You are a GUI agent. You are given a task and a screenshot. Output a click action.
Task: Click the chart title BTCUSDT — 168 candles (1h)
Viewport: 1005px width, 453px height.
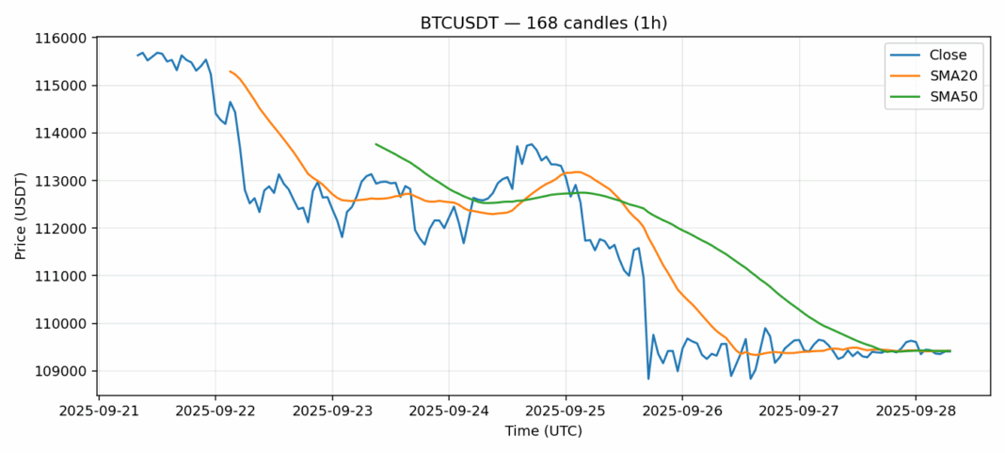[502, 23]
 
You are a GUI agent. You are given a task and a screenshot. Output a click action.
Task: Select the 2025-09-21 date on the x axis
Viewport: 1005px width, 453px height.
[99, 412]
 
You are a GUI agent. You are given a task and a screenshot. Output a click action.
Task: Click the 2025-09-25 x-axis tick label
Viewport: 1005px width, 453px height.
[566, 412]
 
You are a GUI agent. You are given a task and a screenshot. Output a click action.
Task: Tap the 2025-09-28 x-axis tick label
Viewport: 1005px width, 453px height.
[916, 412]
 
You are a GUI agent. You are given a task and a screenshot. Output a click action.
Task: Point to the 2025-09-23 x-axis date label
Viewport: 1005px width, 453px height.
[332, 412]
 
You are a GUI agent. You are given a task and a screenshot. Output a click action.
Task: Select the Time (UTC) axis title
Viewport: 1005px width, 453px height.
[544, 431]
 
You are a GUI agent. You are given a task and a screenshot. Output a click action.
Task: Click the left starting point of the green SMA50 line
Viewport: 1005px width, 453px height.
[375, 144]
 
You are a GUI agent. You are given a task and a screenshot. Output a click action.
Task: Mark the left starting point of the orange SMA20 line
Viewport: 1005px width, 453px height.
[230, 71]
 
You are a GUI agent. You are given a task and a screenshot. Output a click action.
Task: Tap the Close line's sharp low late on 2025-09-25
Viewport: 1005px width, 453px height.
[648, 379]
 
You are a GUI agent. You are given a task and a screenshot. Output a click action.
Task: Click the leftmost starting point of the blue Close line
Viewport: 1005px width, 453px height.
[137, 56]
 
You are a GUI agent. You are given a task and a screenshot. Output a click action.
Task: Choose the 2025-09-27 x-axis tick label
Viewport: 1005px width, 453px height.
[799, 412]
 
